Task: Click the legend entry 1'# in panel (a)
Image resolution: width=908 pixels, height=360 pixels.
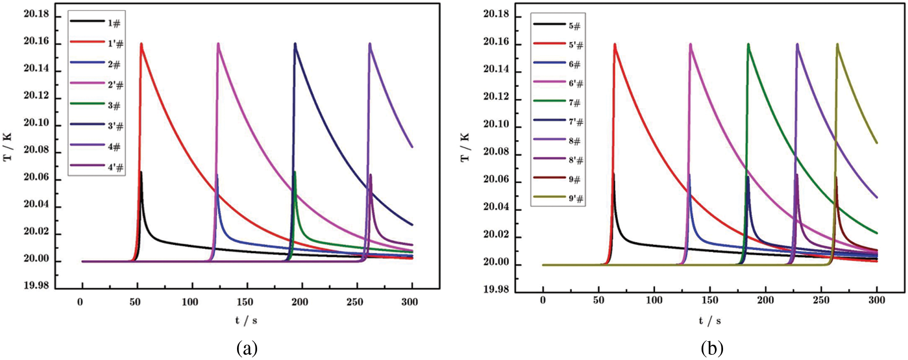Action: (115, 44)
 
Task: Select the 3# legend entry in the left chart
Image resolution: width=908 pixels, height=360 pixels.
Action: (114, 106)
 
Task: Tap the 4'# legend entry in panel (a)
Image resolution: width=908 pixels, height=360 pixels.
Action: (115, 167)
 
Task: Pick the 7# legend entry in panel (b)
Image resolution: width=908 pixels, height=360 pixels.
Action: (574, 103)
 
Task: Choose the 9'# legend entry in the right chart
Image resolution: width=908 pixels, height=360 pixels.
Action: (576, 199)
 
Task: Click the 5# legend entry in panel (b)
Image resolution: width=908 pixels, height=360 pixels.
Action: (574, 26)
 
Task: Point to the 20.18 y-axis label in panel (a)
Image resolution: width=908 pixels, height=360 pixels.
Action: (36, 14)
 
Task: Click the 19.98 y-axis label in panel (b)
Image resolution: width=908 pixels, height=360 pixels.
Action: (496, 290)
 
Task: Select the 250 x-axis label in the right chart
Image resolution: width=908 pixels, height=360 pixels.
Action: (821, 300)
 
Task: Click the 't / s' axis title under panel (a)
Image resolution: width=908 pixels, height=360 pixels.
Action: (246, 320)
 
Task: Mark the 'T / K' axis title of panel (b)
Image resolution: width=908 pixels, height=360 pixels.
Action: (465, 147)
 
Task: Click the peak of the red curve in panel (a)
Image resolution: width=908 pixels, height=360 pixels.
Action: (141, 44)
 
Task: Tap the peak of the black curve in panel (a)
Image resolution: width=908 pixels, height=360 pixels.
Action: (141, 172)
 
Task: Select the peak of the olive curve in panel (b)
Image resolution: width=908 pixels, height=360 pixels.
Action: (837, 44)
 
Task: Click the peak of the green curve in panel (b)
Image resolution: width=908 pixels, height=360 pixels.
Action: (748, 44)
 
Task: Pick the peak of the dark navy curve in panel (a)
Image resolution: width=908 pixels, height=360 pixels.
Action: (295, 44)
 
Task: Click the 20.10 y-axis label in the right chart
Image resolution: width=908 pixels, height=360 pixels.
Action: (496, 125)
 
